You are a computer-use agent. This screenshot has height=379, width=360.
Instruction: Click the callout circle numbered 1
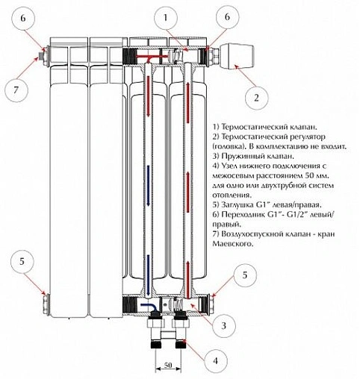[166, 18]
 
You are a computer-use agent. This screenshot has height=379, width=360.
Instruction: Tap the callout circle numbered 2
[257, 98]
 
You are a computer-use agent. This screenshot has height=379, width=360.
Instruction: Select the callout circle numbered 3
[223, 325]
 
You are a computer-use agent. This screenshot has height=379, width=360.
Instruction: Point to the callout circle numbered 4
[216, 360]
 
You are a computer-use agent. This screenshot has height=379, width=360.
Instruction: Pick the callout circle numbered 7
[16, 90]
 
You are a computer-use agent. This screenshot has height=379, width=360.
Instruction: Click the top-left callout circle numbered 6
[23, 19]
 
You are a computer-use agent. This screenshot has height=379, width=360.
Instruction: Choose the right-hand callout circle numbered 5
[245, 275]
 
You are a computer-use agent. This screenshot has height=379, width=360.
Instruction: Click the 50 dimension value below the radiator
[168, 365]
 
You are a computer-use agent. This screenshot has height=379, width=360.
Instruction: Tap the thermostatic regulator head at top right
[237, 55]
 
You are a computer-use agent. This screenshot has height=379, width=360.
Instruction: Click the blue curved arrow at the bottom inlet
[148, 306]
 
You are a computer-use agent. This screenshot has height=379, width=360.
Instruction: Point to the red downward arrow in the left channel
[149, 95]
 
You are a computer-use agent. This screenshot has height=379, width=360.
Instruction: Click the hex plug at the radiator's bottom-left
[46, 304]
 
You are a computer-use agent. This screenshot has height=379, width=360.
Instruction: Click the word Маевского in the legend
[233, 244]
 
